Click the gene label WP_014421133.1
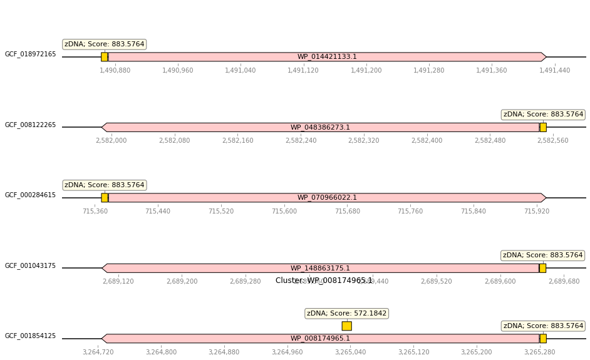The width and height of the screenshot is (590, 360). pyautogui.click(x=327, y=57)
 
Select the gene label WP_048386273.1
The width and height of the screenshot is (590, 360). pyautogui.click(x=320, y=128)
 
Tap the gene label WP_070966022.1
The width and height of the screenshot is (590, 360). pyautogui.click(x=327, y=198)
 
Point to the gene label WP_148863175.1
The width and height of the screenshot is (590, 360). pyautogui.click(x=320, y=269)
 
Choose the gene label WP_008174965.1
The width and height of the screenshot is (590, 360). pyautogui.click(x=320, y=339)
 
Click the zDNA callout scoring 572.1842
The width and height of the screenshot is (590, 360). pyautogui.click(x=347, y=313)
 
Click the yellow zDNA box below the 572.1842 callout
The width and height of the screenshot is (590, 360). pyautogui.click(x=346, y=326)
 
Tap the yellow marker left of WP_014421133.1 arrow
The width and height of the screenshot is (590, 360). pyautogui.click(x=105, y=57)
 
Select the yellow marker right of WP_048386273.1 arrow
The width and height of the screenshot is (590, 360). pyautogui.click(x=543, y=127)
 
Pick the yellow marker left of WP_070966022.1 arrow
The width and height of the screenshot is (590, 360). pyautogui.click(x=105, y=198)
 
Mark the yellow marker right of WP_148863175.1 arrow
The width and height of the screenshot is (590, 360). pyautogui.click(x=542, y=268)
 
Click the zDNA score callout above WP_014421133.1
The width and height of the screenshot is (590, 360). pyautogui.click(x=105, y=44)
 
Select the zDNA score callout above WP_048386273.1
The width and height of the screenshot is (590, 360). pyautogui.click(x=543, y=115)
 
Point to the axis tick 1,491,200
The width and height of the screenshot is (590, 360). pyautogui.click(x=366, y=70)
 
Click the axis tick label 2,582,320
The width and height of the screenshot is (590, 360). pyautogui.click(x=364, y=140)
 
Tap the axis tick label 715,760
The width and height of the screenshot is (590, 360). pyautogui.click(x=410, y=211)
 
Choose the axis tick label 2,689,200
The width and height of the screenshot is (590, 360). pyautogui.click(x=182, y=281)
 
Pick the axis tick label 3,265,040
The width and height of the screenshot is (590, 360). pyautogui.click(x=350, y=352)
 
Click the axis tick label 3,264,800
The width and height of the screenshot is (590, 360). pyautogui.click(x=161, y=352)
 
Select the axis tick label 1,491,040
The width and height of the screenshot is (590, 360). pyautogui.click(x=240, y=70)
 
